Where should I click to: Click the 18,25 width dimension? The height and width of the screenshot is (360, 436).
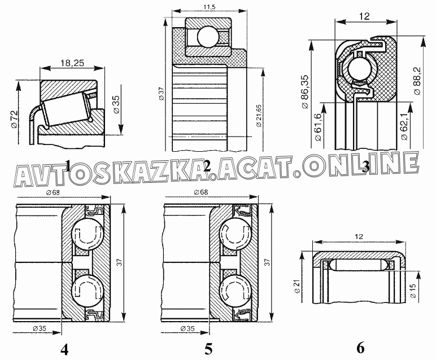[72, 64]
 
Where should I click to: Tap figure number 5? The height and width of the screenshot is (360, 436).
[208, 349]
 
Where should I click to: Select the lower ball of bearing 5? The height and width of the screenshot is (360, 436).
[233, 289]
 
